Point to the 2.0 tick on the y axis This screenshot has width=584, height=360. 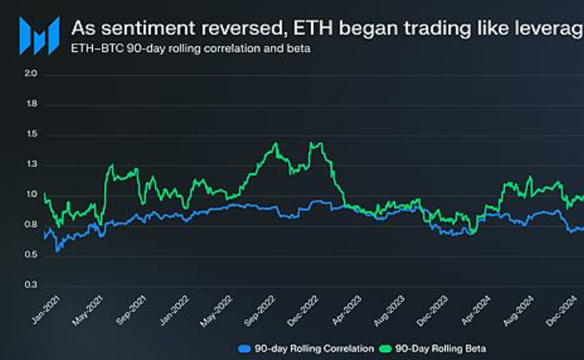click(x=32, y=74)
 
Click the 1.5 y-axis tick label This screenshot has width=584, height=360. click(x=32, y=135)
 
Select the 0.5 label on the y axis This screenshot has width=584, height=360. click(x=32, y=255)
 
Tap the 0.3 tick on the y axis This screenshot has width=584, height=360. click(x=32, y=285)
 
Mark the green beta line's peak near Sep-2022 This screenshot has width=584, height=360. click(x=275, y=144)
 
